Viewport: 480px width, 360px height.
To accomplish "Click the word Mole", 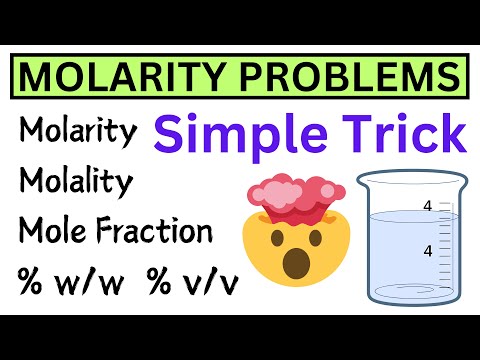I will pos(54,232).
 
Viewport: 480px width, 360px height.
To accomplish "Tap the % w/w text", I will pos(60,281).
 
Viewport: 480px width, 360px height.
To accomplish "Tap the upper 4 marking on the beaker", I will pos(428,207).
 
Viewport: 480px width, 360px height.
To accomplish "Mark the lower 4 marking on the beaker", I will pos(428,251).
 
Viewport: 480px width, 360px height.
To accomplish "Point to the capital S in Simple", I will pos(171,134).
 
